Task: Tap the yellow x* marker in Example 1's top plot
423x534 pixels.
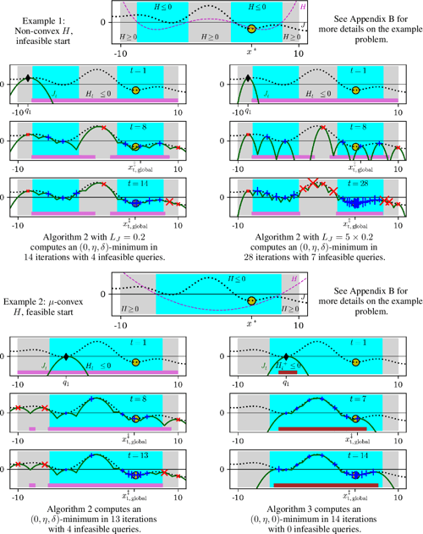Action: [251, 30]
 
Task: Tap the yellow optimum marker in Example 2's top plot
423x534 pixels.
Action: [251, 300]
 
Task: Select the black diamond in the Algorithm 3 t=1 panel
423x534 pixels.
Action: [286, 356]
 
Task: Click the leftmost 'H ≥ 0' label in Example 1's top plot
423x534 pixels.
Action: [129, 38]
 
